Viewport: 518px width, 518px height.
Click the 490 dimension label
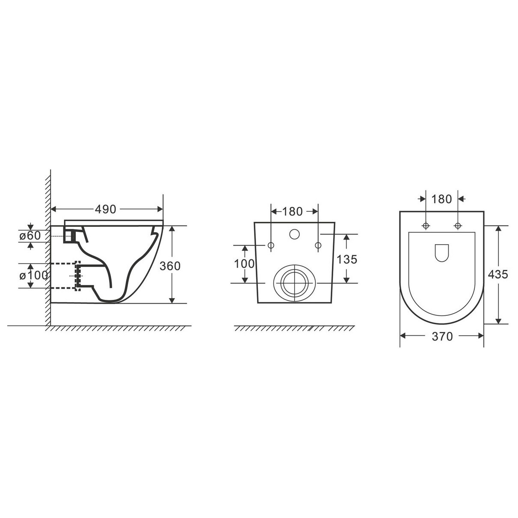pyautogui.click(x=105, y=209)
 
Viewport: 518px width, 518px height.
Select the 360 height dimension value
pyautogui.click(x=170, y=266)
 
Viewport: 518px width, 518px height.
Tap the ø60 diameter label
pyautogui.click(x=30, y=236)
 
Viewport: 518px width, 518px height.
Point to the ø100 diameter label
pyautogui.click(x=34, y=275)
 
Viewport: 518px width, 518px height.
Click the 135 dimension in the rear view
pyautogui.click(x=347, y=259)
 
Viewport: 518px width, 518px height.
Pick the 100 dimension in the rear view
pyautogui.click(x=244, y=263)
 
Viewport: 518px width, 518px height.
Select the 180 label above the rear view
pyautogui.click(x=292, y=212)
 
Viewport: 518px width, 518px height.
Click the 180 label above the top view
pyautogui.click(x=442, y=199)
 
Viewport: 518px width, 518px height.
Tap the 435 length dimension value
pyautogui.click(x=498, y=275)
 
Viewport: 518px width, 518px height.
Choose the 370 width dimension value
pyautogui.click(x=442, y=337)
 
